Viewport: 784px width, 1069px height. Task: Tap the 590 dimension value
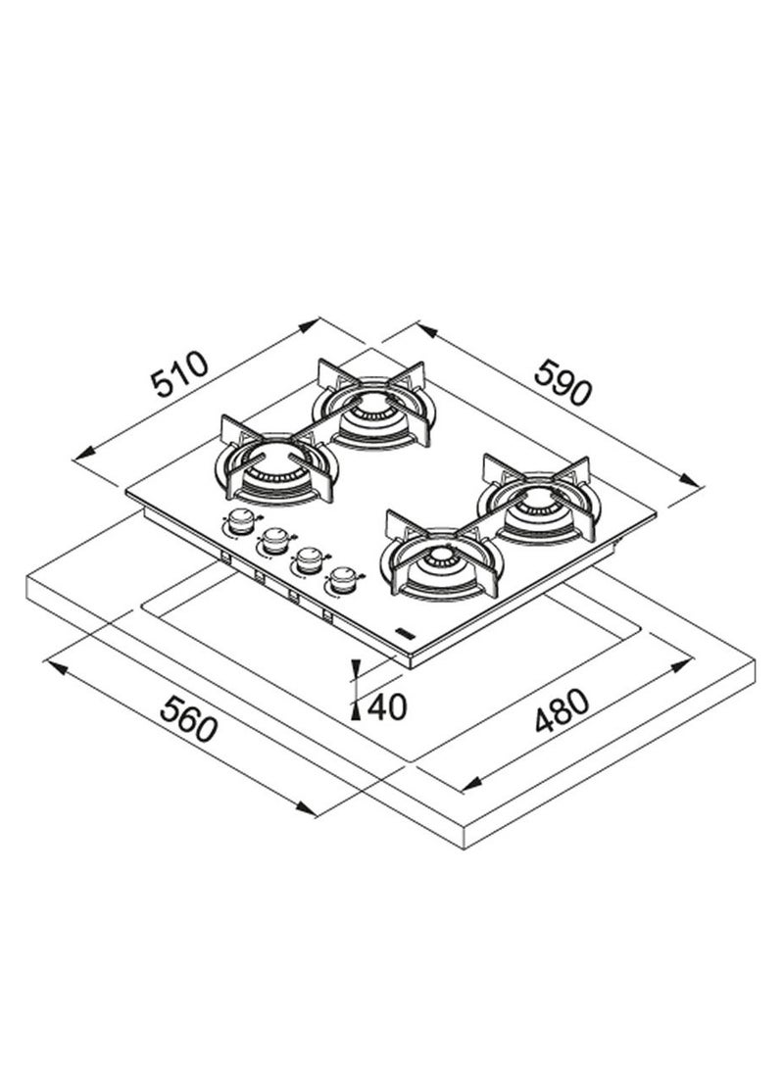pyautogui.click(x=563, y=382)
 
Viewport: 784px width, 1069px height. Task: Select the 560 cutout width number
pyautogui.click(x=189, y=718)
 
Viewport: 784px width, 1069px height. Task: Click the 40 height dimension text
pyautogui.click(x=386, y=706)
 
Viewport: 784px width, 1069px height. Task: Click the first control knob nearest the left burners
pyautogui.click(x=238, y=522)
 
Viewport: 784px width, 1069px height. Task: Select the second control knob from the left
pyautogui.click(x=274, y=541)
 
